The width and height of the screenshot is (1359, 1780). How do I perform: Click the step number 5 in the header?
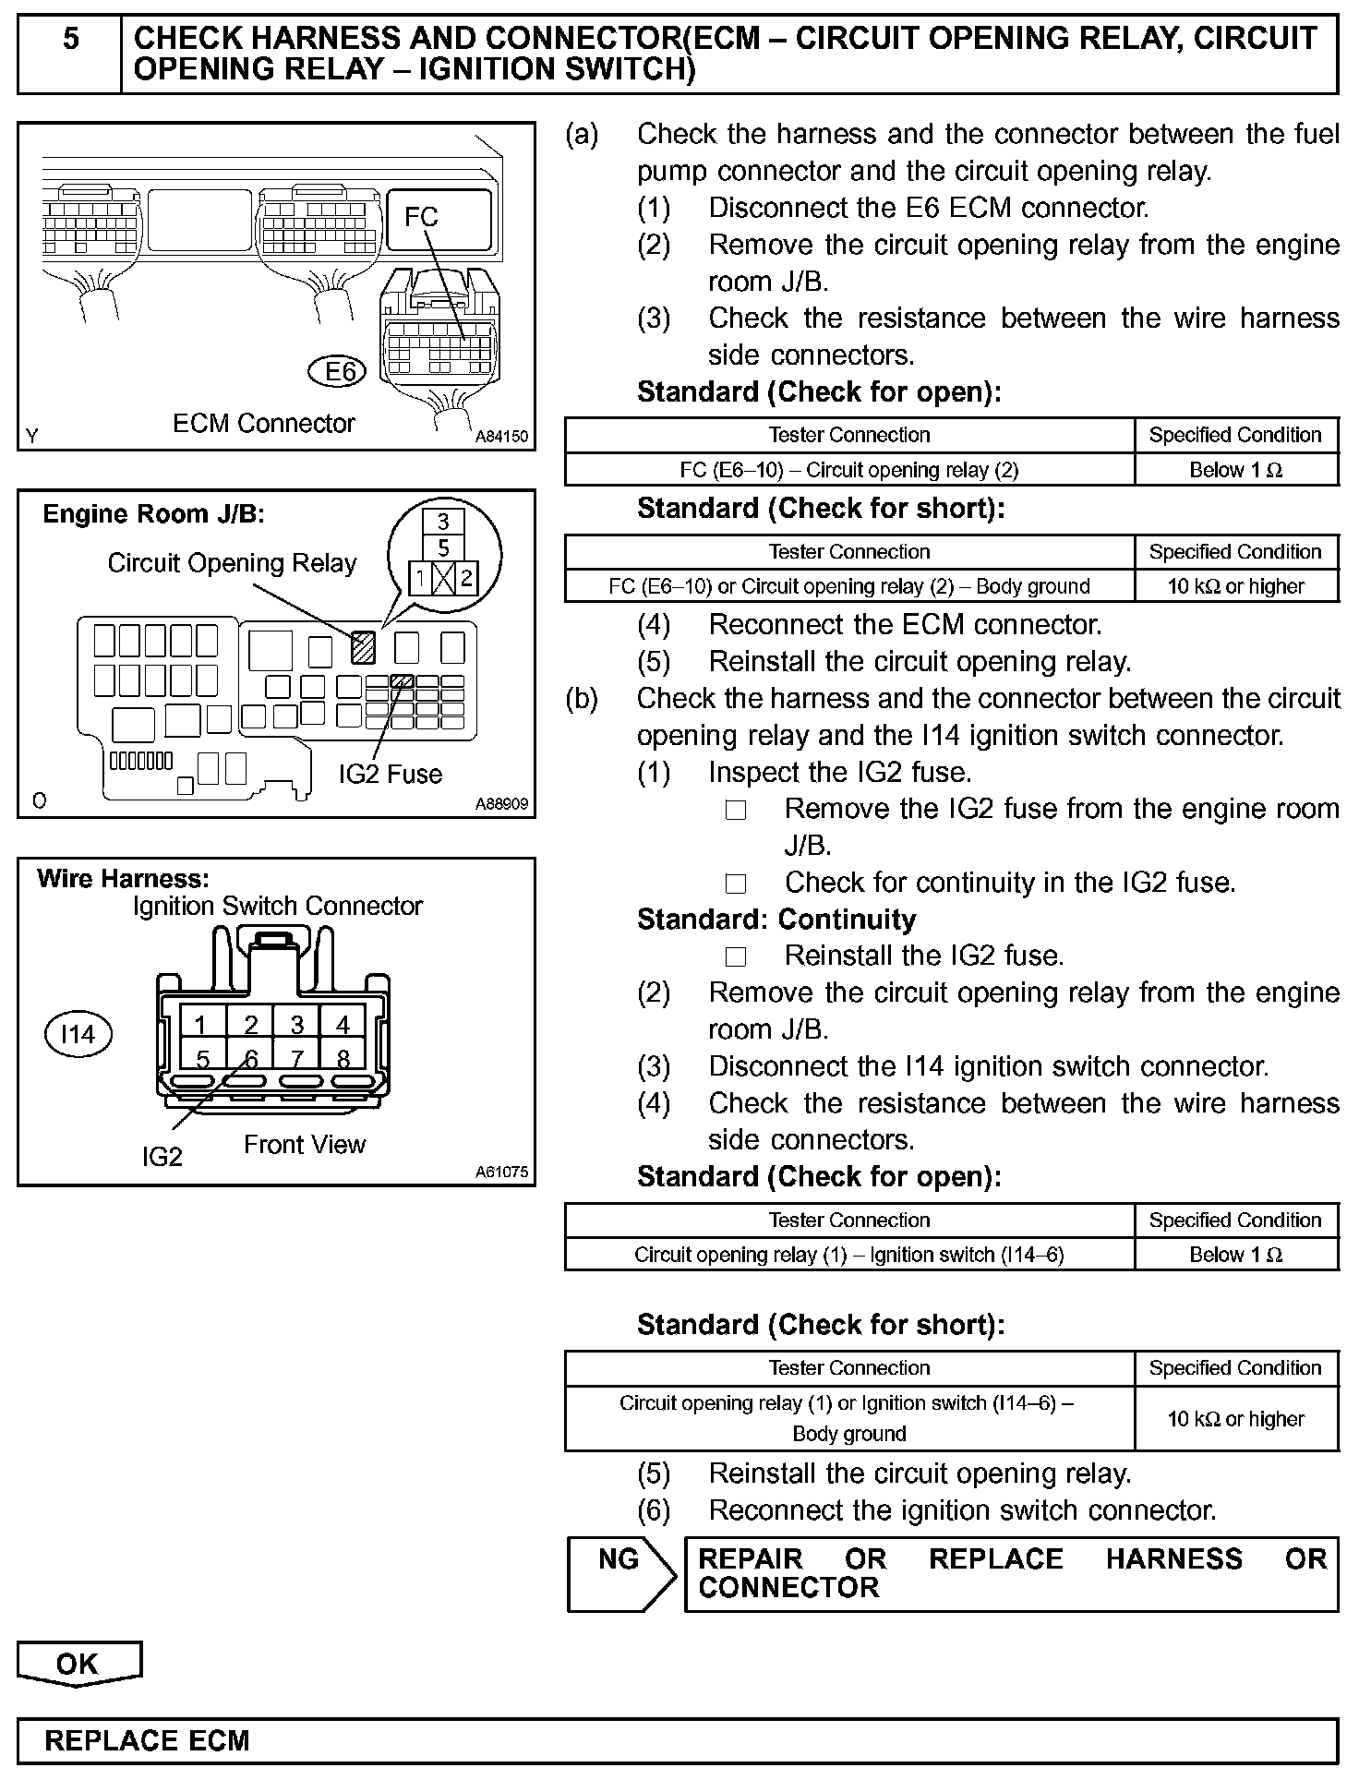coord(70,40)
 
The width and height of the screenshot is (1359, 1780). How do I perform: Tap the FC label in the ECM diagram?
coord(421,217)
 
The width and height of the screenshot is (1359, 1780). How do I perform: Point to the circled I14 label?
coord(78,1034)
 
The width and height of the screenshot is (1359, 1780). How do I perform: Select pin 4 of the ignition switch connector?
coord(343,1025)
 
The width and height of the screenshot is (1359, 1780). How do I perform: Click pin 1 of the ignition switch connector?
coord(200,1025)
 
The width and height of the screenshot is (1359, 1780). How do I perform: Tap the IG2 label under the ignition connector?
coord(162,1156)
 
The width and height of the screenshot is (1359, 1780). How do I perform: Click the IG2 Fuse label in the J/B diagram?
coord(390,774)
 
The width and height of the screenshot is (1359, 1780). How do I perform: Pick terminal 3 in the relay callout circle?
coord(443,522)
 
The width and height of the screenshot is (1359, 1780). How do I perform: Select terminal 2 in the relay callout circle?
coord(466,579)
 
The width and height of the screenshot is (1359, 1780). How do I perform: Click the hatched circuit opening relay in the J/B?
coord(363,646)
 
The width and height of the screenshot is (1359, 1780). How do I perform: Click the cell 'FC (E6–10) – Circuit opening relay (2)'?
coord(848,470)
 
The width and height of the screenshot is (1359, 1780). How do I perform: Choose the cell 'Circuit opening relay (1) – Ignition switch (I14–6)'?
coord(848,1255)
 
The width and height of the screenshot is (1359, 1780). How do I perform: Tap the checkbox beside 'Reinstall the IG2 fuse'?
coord(736,956)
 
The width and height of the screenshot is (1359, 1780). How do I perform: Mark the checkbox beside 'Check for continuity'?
coord(736,884)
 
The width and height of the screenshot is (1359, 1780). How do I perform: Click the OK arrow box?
coord(78,1664)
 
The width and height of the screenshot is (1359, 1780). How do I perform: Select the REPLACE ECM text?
coord(148,1741)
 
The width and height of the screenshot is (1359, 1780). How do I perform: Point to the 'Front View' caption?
coord(305,1145)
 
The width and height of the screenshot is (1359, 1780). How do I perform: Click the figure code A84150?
coord(501,437)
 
